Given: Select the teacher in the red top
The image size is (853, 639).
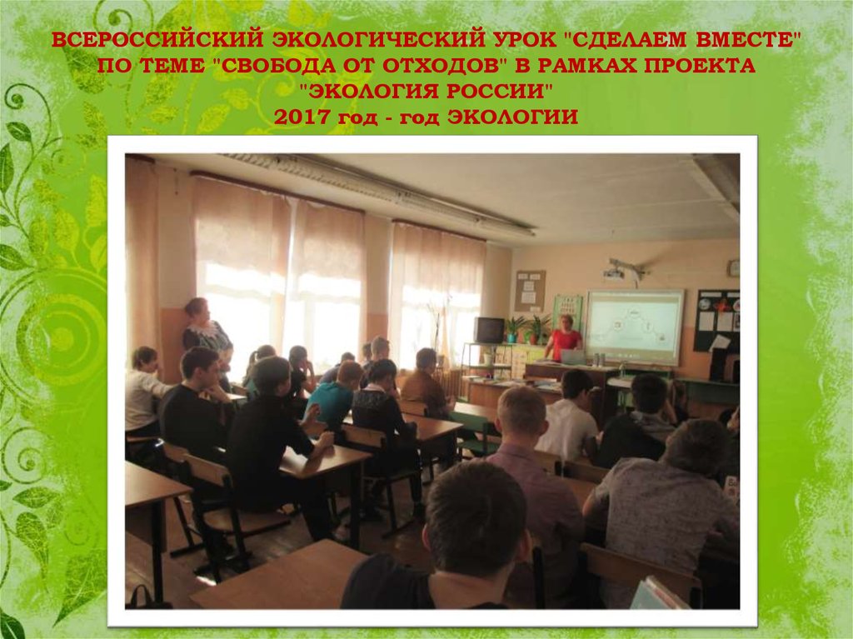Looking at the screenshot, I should point(566,337).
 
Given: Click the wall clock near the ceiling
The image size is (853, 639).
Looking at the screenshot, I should point(733,267).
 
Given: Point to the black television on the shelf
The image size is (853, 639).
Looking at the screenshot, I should point(489,330).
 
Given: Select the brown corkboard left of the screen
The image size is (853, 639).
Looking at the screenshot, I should point(529,290).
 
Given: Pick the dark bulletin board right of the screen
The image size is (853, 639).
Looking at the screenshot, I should point(716,320).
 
